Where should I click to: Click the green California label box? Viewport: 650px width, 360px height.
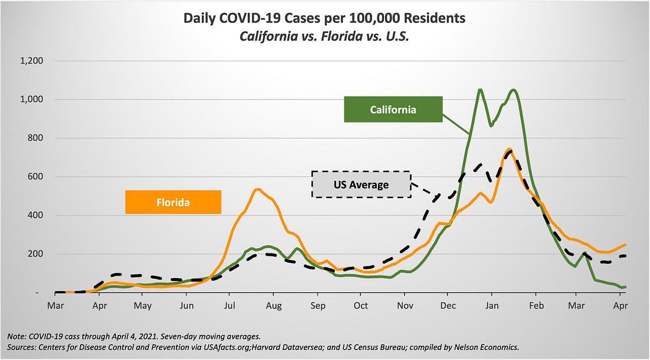click(x=393, y=110)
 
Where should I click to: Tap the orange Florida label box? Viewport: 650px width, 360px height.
click(x=173, y=202)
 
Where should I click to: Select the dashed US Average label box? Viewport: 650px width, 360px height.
click(x=361, y=184)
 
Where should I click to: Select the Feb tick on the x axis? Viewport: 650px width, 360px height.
click(x=535, y=306)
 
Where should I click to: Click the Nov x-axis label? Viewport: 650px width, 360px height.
click(x=404, y=306)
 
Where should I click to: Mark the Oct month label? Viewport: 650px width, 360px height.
click(x=360, y=306)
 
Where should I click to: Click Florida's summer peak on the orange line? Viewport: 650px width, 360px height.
click(x=257, y=189)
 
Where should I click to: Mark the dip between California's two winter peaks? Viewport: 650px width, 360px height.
click(x=490, y=125)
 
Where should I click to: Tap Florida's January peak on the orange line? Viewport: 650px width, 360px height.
click(x=509, y=149)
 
